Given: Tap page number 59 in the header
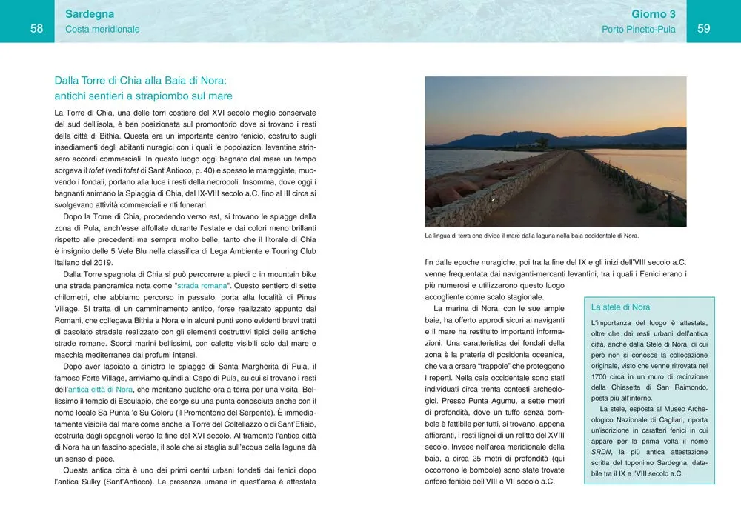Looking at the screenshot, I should pyautogui.click(x=704, y=29).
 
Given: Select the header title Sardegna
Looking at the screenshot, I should pyautogui.click(x=89, y=13).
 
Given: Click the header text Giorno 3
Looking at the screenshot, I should pyautogui.click(x=653, y=13).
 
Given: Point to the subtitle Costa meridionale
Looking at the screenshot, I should pyautogui.click(x=102, y=30).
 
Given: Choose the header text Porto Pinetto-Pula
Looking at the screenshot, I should pyautogui.click(x=638, y=30).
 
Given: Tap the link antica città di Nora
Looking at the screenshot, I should pyautogui.click(x=101, y=389).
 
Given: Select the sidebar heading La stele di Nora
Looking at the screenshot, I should pyautogui.click(x=621, y=307).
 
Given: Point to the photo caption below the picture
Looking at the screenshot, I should pyautogui.click(x=531, y=236).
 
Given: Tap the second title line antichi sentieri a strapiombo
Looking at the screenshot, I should pyautogui.click(x=143, y=96).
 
